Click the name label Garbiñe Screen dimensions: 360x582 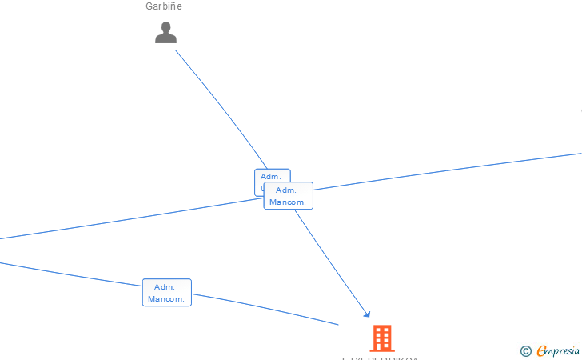(164, 6)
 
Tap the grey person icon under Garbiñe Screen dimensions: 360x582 (165, 33)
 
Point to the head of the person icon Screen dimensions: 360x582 (165, 27)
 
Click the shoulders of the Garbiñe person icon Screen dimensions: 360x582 (165, 38)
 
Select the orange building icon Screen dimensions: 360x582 (382, 338)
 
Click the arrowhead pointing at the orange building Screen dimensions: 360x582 (368, 314)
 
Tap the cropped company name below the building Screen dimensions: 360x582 (380, 358)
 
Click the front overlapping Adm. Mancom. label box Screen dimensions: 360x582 (288, 196)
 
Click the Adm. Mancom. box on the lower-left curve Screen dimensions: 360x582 (166, 293)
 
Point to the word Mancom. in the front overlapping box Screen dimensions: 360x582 (288, 202)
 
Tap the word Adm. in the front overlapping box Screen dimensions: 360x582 (286, 190)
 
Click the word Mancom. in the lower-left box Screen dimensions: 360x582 (166, 299)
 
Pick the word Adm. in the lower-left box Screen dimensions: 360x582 (165, 287)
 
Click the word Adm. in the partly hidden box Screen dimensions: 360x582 (270, 176)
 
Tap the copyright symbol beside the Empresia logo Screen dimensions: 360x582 (525, 350)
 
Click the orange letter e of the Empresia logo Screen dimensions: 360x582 (542, 350)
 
